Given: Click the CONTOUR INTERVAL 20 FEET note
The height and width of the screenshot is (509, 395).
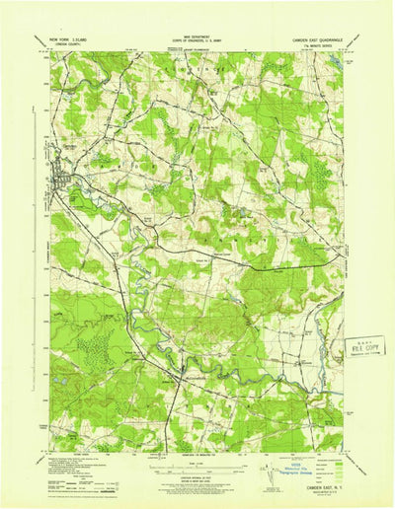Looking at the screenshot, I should (x=197, y=475).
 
